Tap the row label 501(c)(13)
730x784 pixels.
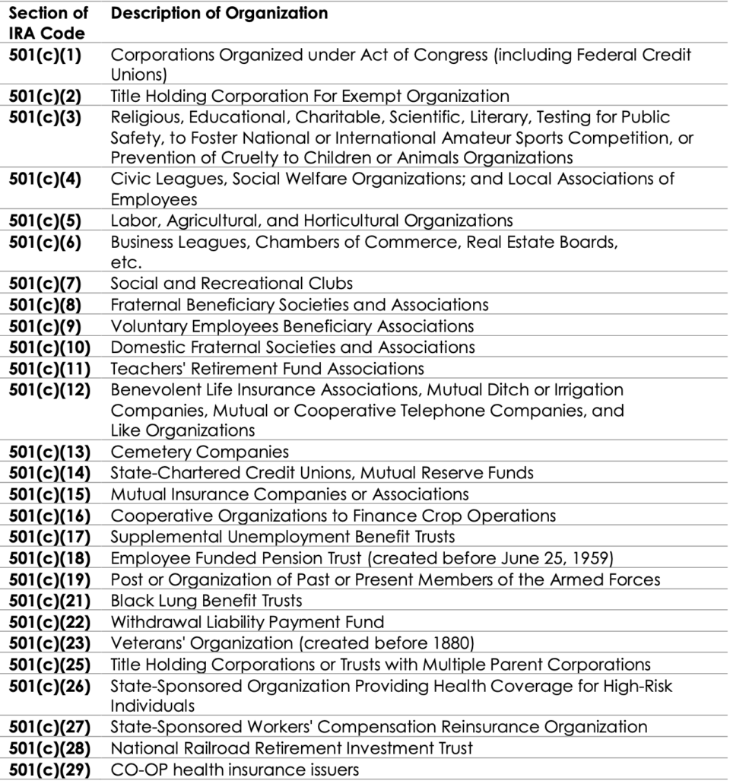pyautogui.click(x=49, y=452)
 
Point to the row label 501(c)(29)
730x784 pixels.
pyautogui.click(x=49, y=770)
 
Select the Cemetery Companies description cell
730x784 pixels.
pyautogui.click(x=200, y=452)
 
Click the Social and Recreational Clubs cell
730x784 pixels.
pyautogui.click(x=232, y=284)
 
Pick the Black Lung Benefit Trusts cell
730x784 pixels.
pyautogui.click(x=207, y=601)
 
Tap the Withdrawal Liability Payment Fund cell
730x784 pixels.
pyautogui.click(x=247, y=622)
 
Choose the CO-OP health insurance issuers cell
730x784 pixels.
pyautogui.click(x=235, y=770)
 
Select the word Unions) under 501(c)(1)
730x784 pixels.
pyautogui.click(x=139, y=75)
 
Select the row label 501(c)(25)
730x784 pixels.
pyautogui.click(x=49, y=665)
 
